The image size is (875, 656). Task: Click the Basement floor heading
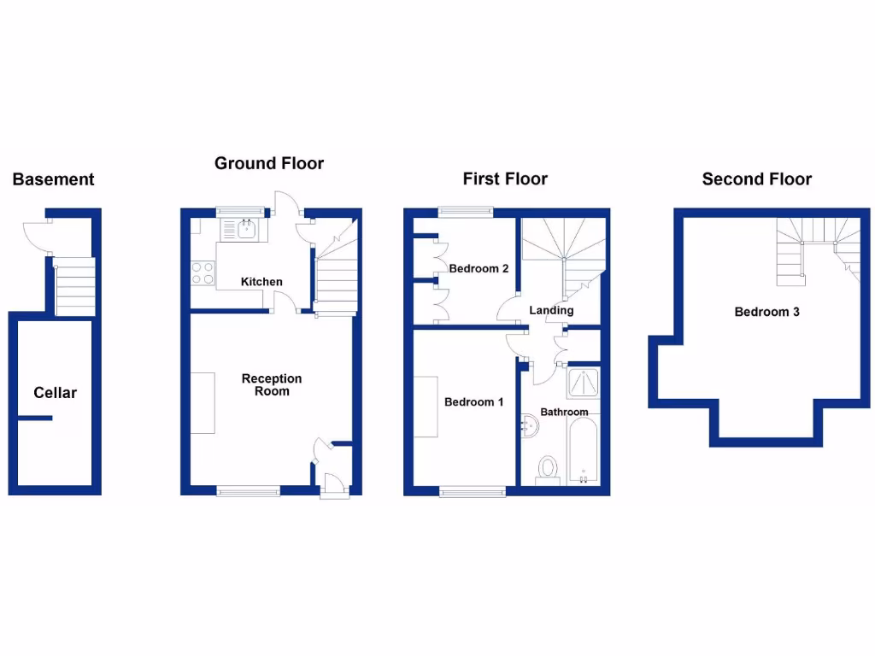[x=53, y=179]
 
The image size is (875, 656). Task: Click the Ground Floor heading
[x=269, y=163]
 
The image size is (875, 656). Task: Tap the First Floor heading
[x=505, y=179]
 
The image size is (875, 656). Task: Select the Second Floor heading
[x=756, y=179]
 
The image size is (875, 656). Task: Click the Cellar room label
[x=55, y=393]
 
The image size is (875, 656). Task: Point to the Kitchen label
[x=261, y=282]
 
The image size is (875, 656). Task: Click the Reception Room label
[x=272, y=385]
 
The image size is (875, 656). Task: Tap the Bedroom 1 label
[x=473, y=402]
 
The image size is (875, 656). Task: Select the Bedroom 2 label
[x=479, y=269]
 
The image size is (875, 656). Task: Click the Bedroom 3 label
[x=766, y=312]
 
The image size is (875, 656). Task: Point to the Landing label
[x=551, y=310]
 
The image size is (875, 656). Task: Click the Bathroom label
[x=564, y=413]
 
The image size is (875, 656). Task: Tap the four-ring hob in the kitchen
[x=203, y=273]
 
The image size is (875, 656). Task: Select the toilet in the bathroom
[x=547, y=470]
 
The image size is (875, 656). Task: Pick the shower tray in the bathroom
[x=584, y=384]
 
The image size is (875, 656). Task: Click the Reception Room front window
[x=248, y=491]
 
